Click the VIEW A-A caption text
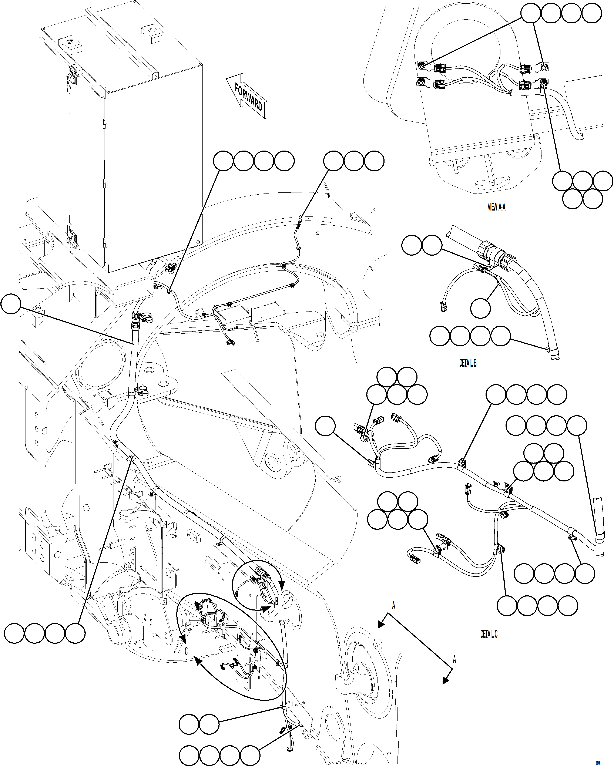[496, 207]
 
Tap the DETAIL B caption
[468, 363]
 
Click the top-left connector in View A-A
[437, 68]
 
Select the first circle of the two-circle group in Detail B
[412, 245]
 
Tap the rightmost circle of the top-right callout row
[592, 14]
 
